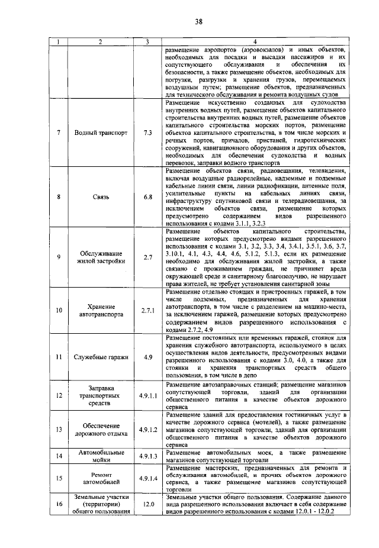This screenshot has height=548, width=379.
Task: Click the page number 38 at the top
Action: coord(198,22)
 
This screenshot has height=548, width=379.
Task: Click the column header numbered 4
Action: coord(255,41)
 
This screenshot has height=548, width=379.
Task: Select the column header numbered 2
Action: coord(101,41)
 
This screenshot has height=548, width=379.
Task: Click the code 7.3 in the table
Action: coord(147,133)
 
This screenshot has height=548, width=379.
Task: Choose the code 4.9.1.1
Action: coord(147,395)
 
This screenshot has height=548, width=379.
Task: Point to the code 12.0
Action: coord(147,504)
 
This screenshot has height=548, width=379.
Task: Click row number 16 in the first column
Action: coord(59,504)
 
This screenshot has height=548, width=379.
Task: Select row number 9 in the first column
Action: coord(59,257)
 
